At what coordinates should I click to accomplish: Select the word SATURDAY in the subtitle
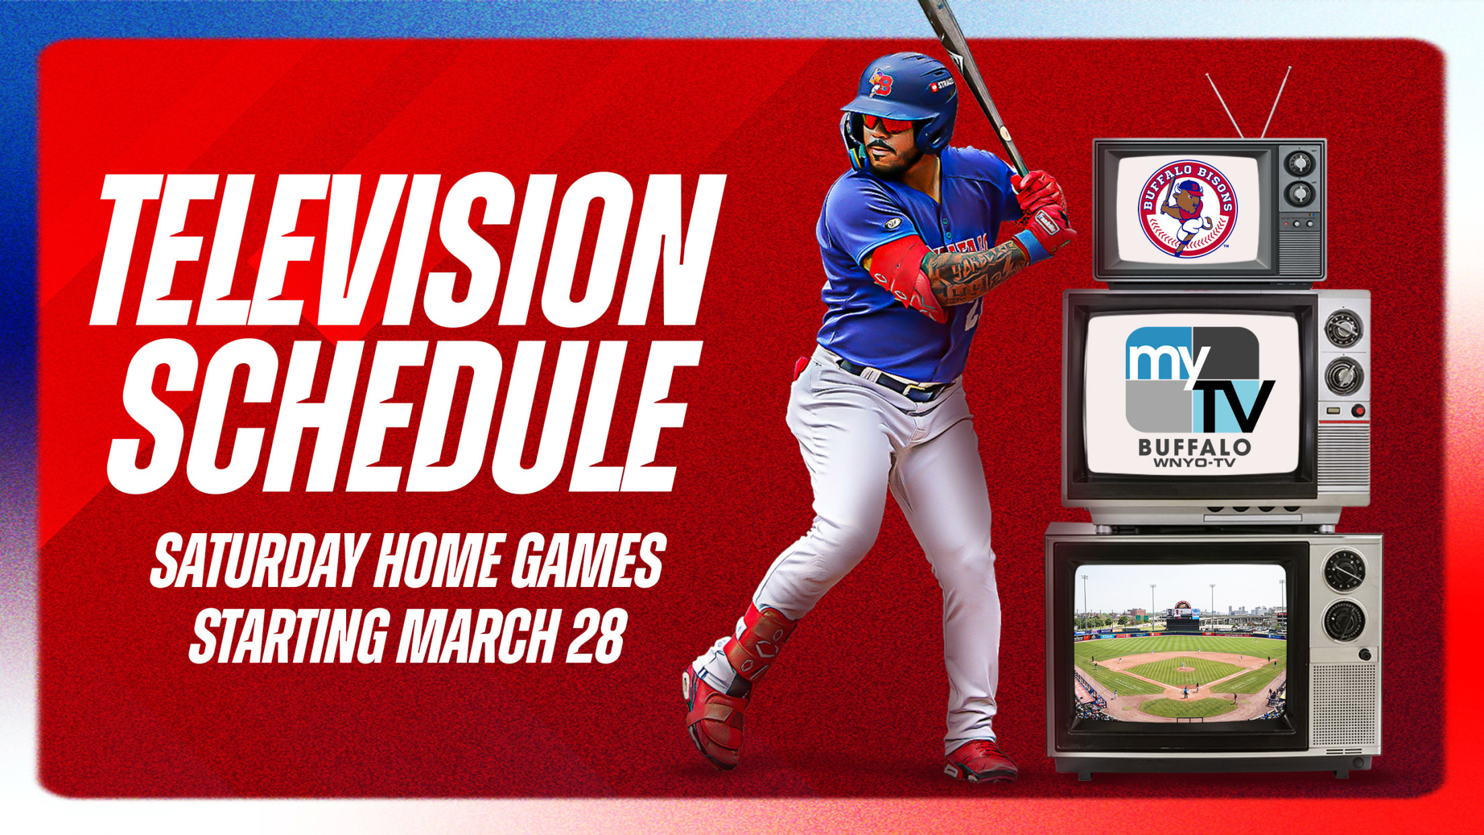263,561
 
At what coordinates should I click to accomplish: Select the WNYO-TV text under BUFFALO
1194,463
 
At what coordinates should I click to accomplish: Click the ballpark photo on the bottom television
1180,642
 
